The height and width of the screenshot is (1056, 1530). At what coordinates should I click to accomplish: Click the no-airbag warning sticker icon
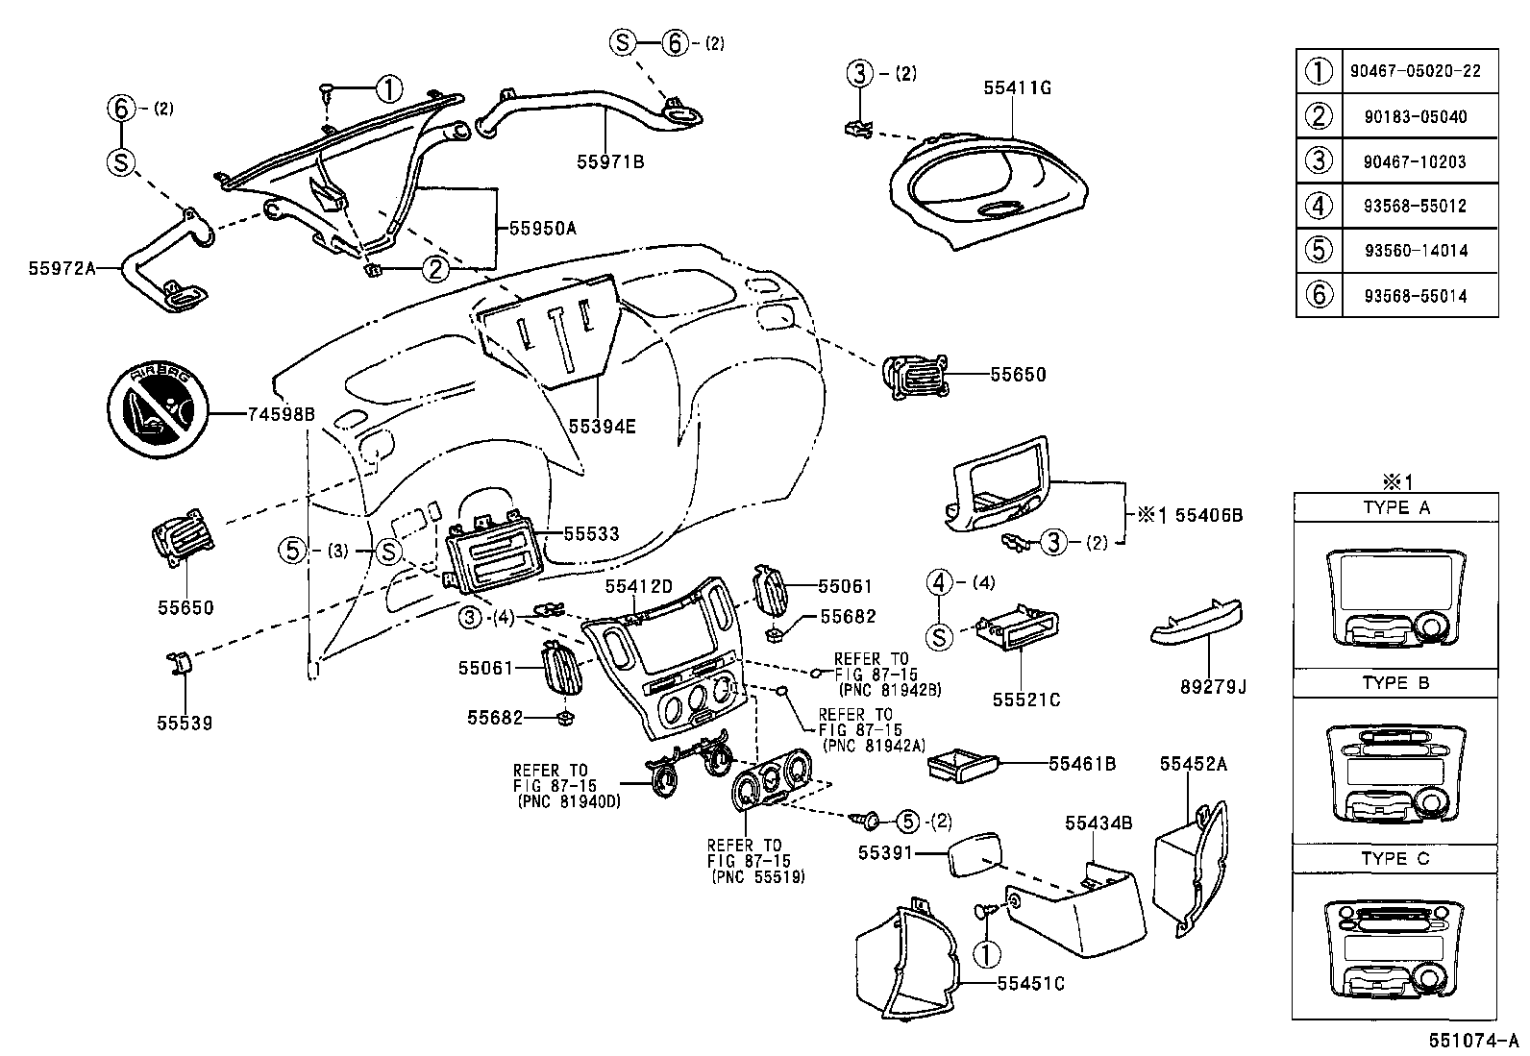(157, 413)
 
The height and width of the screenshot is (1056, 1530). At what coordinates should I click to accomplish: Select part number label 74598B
(281, 414)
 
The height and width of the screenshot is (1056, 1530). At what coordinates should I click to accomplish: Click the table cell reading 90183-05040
(1416, 116)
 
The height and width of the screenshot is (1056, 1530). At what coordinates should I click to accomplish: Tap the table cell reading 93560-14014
(1416, 250)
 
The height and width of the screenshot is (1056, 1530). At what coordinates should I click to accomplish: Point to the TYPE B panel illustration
(1395, 773)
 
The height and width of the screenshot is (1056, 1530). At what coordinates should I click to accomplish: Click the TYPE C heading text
(1395, 858)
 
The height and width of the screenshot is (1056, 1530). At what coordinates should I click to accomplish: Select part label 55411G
(1017, 87)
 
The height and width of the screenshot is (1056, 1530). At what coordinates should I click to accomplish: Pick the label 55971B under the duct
(610, 161)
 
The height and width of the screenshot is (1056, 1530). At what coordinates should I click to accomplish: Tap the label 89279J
(1213, 687)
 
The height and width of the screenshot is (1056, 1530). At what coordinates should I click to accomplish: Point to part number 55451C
(1030, 983)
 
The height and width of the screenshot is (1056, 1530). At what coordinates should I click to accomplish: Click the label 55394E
(602, 426)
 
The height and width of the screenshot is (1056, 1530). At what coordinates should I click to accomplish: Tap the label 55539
(185, 723)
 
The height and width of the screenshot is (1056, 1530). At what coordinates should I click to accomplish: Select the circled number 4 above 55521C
(940, 582)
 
